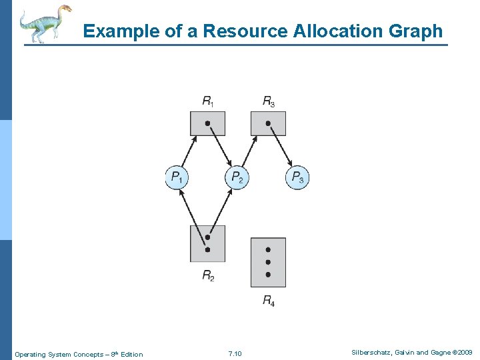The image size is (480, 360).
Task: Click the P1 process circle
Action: point(177,178)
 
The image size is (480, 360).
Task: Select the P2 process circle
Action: point(237,178)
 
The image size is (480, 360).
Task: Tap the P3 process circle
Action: point(297,178)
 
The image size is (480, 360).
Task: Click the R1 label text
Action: point(208,101)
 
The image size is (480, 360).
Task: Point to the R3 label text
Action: point(268,101)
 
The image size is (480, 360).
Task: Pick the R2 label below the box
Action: point(208,275)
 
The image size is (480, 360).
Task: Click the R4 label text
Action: point(268,301)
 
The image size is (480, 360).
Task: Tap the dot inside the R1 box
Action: point(208,123)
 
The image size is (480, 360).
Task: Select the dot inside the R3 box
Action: point(268,123)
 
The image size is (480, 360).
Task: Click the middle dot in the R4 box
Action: point(268,262)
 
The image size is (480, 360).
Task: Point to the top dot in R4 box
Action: point(268,250)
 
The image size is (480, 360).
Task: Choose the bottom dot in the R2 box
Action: point(208,250)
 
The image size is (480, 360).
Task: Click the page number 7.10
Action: point(235,353)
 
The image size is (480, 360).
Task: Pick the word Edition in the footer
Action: point(131,354)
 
